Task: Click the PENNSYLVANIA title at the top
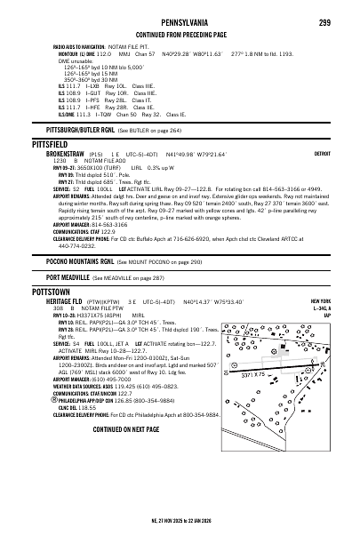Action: point(180,22)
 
